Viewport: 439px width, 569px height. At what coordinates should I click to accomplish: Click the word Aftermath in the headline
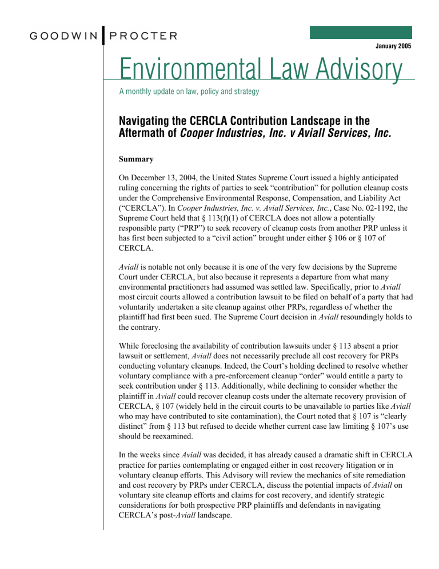pyautogui.click(x=147, y=133)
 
